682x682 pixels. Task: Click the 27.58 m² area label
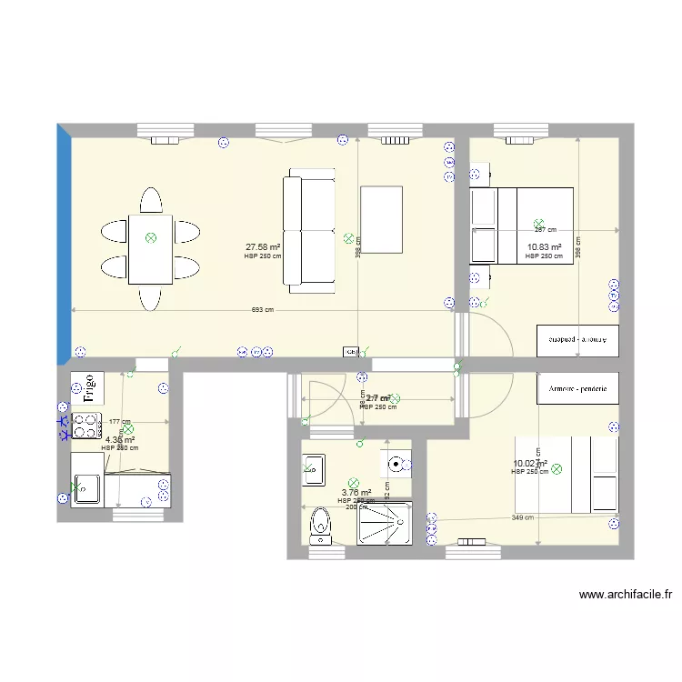pos(263,246)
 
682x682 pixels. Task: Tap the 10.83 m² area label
pos(544,246)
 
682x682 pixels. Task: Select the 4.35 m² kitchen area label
pos(120,439)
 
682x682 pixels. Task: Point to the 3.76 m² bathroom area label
pos(356,493)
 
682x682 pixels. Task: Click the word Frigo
pos(88,386)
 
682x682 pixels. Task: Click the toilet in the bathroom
pos(319,525)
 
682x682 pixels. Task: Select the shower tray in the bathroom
pos(385,523)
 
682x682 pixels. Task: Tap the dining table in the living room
pos(151,247)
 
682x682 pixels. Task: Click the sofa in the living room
pos(310,231)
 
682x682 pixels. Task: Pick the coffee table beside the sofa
pos(382,218)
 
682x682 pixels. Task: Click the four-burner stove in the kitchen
pos(87,426)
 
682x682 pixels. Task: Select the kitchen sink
pos(87,492)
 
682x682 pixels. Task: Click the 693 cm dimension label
pos(263,310)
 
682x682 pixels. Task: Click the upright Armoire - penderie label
pos(578,388)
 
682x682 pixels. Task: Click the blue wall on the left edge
pos(64,246)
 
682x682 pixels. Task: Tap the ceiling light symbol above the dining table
pos(151,238)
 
